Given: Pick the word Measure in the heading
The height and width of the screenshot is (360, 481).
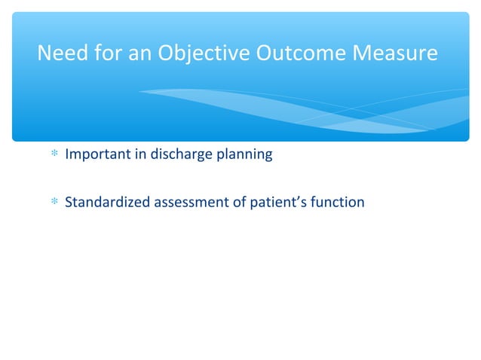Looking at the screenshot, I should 397,54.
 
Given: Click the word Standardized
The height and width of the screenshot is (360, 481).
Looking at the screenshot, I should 108,202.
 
